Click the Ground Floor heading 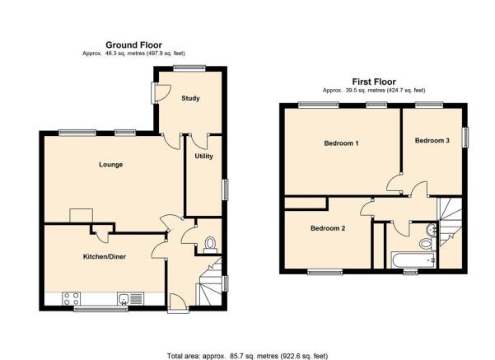(x=133, y=45)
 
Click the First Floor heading (x=374, y=82)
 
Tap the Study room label (x=190, y=98)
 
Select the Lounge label (x=111, y=165)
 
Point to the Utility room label (x=203, y=156)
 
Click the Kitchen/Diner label (x=104, y=256)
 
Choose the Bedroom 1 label (x=341, y=143)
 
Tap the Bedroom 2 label (x=328, y=228)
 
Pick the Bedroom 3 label (x=432, y=141)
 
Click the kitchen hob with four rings (x=72, y=299)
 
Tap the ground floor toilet (x=210, y=245)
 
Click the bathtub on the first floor (x=413, y=259)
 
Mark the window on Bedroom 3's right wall (x=465, y=137)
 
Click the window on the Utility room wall (x=226, y=189)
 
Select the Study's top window (x=189, y=68)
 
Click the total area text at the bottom (x=247, y=356)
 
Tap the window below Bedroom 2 (x=325, y=272)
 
